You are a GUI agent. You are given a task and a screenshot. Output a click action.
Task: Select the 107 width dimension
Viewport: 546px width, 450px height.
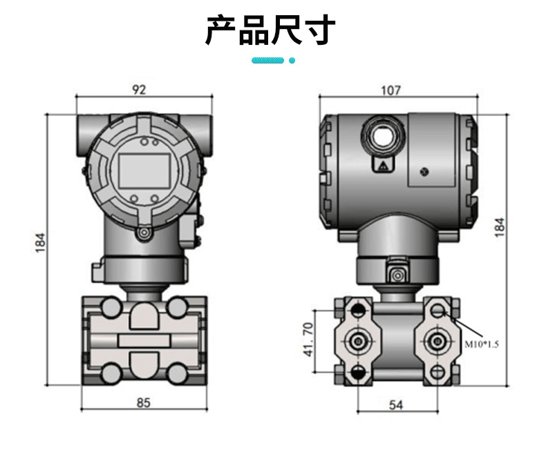click(x=391, y=90)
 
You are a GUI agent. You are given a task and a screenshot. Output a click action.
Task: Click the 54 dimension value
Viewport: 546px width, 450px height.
click(x=396, y=405)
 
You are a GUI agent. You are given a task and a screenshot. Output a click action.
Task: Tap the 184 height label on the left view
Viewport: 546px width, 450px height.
click(x=40, y=242)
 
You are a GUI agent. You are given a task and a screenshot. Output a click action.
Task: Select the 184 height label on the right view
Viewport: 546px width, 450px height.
click(x=500, y=228)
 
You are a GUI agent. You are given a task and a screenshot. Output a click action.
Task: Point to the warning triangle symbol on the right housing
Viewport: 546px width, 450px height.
click(x=382, y=165)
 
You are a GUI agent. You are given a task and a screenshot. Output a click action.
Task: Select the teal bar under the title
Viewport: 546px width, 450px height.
click(x=267, y=61)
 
